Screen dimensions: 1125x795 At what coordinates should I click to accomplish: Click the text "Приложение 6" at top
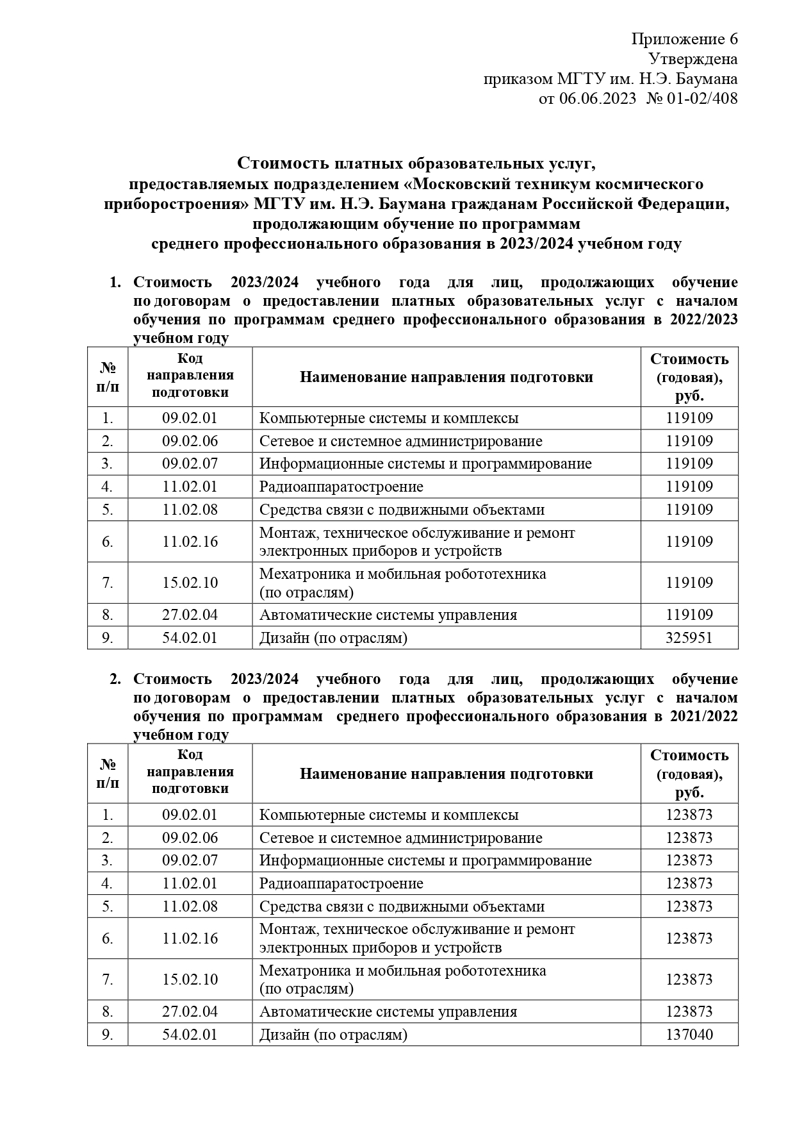(x=684, y=40)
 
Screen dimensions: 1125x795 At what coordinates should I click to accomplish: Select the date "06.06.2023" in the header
(x=598, y=99)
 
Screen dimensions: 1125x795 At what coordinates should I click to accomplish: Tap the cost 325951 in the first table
(x=689, y=638)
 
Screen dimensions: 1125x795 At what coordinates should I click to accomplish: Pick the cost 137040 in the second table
(x=689, y=1035)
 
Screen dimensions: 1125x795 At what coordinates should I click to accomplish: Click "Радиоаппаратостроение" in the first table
(x=341, y=487)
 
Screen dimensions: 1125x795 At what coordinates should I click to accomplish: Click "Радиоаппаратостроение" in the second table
(x=341, y=883)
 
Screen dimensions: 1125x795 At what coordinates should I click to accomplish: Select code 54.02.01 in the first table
(x=190, y=638)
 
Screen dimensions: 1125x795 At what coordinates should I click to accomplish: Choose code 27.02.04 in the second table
(x=190, y=1012)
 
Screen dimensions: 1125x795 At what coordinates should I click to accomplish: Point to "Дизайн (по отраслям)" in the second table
(x=333, y=1035)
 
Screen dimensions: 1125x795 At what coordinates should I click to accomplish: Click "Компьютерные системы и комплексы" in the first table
(x=389, y=419)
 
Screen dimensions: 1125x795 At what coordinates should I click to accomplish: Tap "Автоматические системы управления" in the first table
(x=388, y=615)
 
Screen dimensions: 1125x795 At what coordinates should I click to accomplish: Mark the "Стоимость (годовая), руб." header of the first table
(x=689, y=377)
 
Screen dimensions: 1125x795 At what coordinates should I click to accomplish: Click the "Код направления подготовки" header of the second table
(x=190, y=773)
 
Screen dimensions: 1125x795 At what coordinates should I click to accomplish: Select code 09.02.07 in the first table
(x=190, y=463)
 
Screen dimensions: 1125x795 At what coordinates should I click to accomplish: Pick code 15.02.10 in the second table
(x=190, y=979)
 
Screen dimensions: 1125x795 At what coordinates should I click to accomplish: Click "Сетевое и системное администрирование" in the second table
(x=400, y=838)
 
